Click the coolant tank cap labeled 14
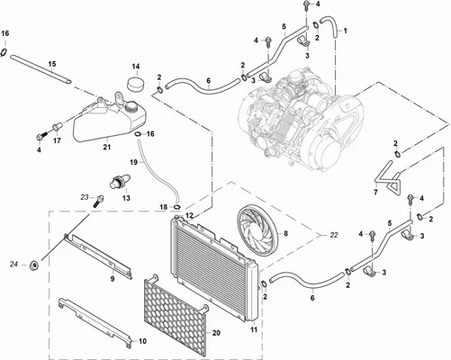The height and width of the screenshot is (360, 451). (135, 83)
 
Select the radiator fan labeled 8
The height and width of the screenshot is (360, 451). (257, 230)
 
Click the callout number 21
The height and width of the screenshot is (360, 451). (107, 147)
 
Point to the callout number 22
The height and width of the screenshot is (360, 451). (334, 236)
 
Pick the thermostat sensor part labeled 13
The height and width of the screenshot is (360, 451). (120, 181)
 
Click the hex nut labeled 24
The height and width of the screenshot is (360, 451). (35, 265)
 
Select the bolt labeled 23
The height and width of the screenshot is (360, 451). (100, 201)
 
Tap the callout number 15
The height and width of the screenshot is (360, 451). (52, 64)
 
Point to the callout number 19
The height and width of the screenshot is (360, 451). (133, 162)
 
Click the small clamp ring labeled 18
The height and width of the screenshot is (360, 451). (177, 207)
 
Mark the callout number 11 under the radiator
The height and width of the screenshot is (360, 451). (254, 329)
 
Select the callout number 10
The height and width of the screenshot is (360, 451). (142, 341)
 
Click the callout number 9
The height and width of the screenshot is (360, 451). (113, 279)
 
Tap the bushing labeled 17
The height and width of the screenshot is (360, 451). (57, 128)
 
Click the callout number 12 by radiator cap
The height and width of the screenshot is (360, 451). (189, 215)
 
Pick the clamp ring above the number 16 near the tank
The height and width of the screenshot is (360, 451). (5, 52)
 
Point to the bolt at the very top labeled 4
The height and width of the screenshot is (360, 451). (305, 4)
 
